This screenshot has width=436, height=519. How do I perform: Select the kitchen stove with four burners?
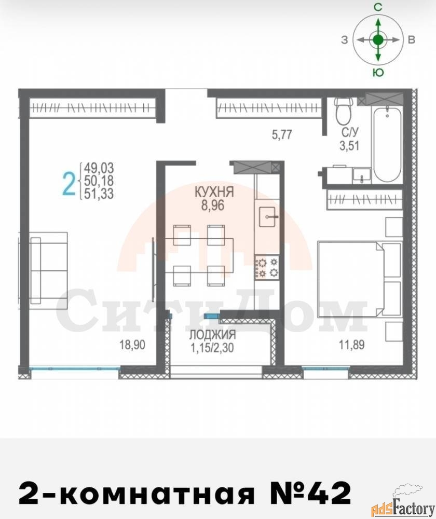(x=267, y=267)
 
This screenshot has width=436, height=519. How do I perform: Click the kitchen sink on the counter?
(x=267, y=217)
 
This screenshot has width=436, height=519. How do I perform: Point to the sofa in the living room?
(x=49, y=268)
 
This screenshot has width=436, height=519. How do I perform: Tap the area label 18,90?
(x=132, y=345)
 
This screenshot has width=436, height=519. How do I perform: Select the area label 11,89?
(x=351, y=345)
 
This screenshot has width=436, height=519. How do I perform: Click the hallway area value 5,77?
(x=282, y=134)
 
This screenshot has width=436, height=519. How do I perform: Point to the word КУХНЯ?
(x=214, y=192)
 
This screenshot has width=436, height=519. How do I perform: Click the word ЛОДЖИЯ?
(x=212, y=335)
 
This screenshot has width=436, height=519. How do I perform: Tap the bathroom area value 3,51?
(x=349, y=146)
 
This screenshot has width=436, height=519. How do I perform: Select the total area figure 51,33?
(x=99, y=193)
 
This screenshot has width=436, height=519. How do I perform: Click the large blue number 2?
(x=69, y=184)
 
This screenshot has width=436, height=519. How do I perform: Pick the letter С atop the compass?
(x=378, y=7)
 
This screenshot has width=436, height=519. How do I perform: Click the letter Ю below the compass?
(x=378, y=73)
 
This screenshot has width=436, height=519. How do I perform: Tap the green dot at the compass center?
(x=378, y=40)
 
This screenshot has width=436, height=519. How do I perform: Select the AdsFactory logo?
(x=403, y=507)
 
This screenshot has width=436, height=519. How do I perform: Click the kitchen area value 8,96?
(x=212, y=205)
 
